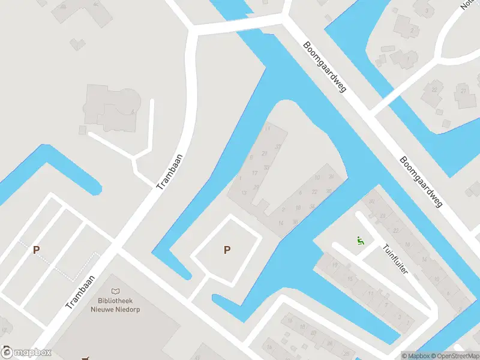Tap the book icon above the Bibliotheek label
click(116, 290)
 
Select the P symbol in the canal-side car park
click(227, 250)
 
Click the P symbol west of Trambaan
click(36, 250)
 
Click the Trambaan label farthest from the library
click(169, 172)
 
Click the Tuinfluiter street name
click(395, 259)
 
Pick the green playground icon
click(360, 241)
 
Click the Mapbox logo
click(26, 352)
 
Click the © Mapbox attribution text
click(416, 355)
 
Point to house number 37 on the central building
click(278, 147)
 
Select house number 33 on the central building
click(266, 167)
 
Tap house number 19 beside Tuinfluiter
click(334, 265)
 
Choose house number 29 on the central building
click(257, 187)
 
